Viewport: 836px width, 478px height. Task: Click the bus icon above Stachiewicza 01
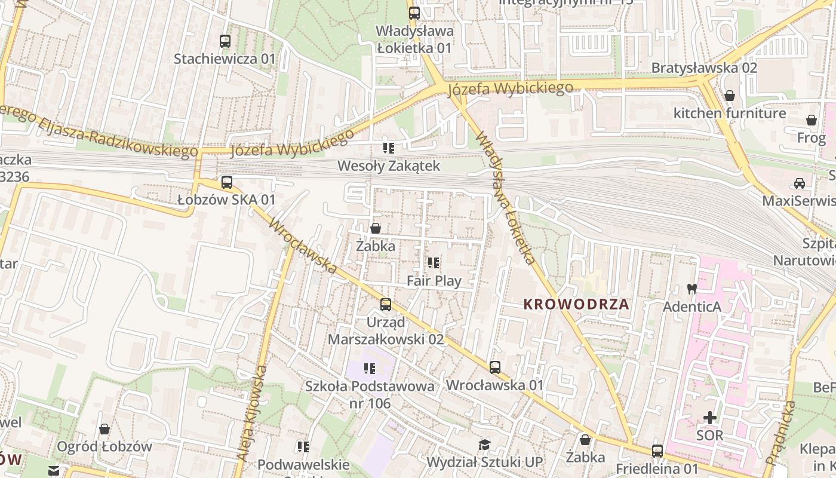pyautogui.click(x=225, y=41)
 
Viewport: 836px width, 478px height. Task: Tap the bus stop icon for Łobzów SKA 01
pyautogui.click(x=226, y=182)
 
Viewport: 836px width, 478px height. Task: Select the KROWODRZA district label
pyautogui.click(x=576, y=304)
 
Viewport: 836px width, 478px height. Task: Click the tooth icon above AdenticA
pyautogui.click(x=692, y=289)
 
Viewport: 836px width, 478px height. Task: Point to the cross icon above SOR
pyautogui.click(x=709, y=417)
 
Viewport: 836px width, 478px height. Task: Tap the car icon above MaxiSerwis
pyautogui.click(x=799, y=183)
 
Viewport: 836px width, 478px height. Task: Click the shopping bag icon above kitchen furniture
pyautogui.click(x=729, y=96)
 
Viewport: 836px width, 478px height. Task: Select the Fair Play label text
pyautogui.click(x=434, y=280)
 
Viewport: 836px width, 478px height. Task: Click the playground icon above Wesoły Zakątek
pyautogui.click(x=388, y=148)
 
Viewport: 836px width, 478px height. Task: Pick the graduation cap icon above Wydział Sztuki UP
pyautogui.click(x=484, y=445)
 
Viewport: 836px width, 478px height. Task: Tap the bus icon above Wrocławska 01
pyautogui.click(x=495, y=367)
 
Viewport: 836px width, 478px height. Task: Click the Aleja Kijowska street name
pyautogui.click(x=251, y=412)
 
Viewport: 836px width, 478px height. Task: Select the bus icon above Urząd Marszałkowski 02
pyautogui.click(x=386, y=305)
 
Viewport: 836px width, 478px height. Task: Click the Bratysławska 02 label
pyautogui.click(x=704, y=68)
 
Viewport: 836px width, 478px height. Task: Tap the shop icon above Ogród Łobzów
pyautogui.click(x=105, y=429)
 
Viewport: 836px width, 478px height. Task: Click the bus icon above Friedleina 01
pyautogui.click(x=657, y=451)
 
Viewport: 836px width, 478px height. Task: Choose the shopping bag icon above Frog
pyautogui.click(x=812, y=120)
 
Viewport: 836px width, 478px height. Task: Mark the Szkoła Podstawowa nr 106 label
pyautogui.click(x=370, y=394)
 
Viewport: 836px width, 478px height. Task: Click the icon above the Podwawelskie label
pyautogui.click(x=303, y=446)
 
